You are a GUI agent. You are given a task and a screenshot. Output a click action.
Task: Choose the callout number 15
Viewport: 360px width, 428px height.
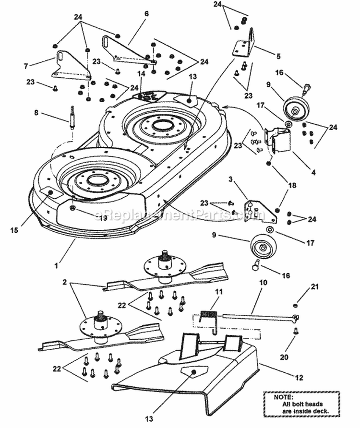tap(15, 230)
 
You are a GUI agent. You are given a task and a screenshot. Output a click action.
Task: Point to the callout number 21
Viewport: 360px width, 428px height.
tap(315, 286)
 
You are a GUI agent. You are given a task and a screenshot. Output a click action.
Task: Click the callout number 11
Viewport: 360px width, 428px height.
tap(218, 291)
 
